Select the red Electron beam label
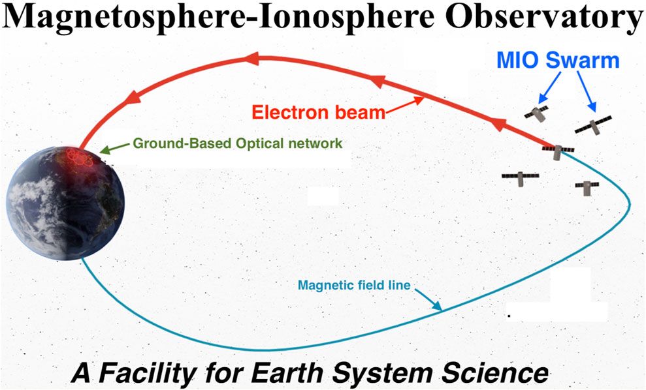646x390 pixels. coord(319,112)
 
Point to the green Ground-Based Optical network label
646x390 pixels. coord(238,142)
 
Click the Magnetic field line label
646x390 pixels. coord(353,285)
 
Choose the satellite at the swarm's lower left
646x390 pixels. coord(520,177)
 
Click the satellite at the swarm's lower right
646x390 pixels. coord(587,187)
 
